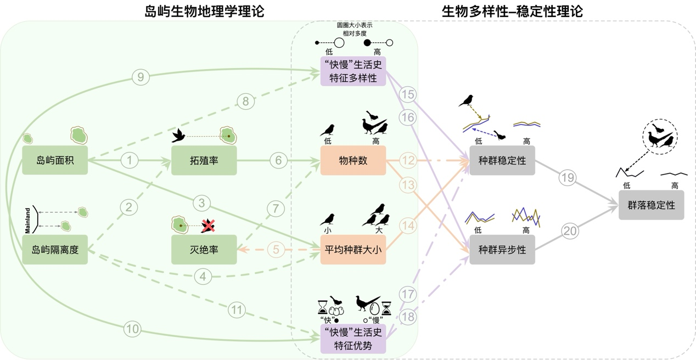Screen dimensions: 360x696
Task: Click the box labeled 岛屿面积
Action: (x=55, y=160)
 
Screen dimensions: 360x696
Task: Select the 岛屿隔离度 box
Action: (x=55, y=250)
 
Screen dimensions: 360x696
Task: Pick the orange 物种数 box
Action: (x=353, y=160)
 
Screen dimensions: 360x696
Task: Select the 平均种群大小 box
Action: (x=353, y=250)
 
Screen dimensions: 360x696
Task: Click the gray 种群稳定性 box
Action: (x=502, y=160)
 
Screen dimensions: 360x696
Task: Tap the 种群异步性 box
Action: (x=502, y=250)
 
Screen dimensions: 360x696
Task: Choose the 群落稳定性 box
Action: (x=651, y=205)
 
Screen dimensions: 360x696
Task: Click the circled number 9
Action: (x=141, y=77)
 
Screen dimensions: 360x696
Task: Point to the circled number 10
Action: (x=132, y=329)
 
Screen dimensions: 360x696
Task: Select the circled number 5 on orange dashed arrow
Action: (x=276, y=250)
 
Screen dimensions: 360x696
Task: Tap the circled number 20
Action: (x=570, y=231)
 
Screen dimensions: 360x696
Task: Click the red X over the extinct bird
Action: (x=208, y=225)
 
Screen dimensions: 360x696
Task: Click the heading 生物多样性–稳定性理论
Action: (x=512, y=11)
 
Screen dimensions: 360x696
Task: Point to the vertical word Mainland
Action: (x=27, y=220)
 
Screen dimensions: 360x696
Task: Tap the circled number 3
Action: (x=201, y=204)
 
